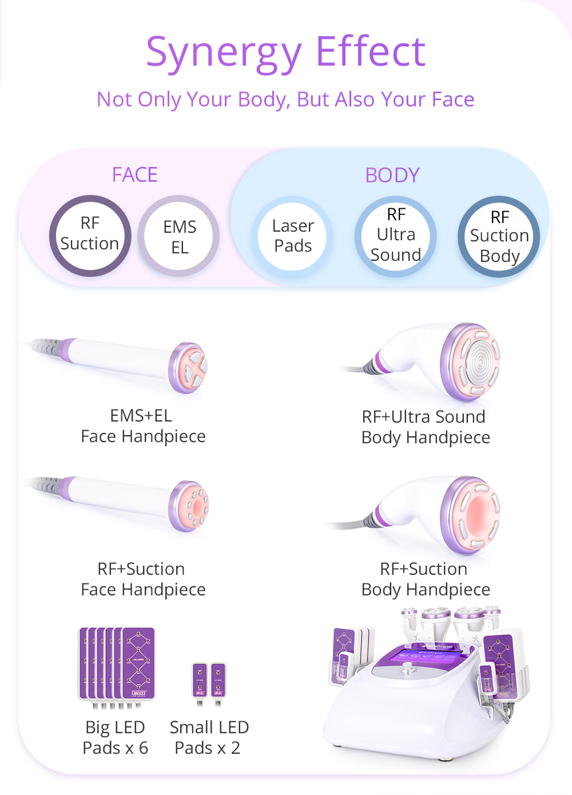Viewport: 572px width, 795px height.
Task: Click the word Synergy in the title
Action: tap(224, 53)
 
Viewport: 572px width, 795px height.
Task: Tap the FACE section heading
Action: tap(135, 174)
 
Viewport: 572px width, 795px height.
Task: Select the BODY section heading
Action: tap(392, 175)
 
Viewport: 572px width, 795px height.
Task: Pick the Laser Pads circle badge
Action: tap(292, 236)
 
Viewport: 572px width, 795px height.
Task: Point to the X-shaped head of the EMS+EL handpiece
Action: tap(193, 368)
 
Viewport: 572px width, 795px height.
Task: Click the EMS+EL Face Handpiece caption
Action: tap(143, 426)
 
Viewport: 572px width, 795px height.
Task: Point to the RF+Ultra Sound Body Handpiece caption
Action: tap(426, 427)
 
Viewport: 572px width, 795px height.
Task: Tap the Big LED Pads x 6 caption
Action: tap(115, 737)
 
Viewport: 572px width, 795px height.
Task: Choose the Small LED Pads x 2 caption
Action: tap(209, 737)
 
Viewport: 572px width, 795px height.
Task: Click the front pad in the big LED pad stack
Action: tap(138, 663)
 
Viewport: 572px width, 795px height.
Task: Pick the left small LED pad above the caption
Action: tap(200, 680)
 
